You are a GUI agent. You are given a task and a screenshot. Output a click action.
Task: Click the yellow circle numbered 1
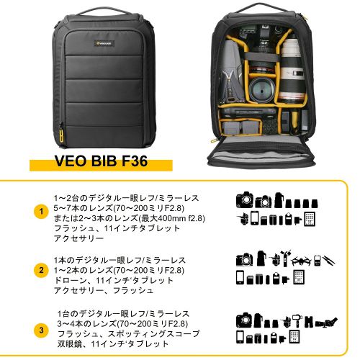[41, 212]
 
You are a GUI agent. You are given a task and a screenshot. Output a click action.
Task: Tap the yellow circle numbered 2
[41, 270]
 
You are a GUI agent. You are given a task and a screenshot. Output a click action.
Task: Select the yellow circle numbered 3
[41, 330]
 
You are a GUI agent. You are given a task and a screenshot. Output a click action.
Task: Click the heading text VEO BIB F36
[101, 161]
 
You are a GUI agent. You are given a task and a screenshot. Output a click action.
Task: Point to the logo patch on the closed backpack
[104, 43]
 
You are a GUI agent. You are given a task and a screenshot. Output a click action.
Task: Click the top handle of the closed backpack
[104, 11]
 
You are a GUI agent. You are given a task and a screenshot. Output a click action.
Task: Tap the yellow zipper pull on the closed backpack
[61, 134]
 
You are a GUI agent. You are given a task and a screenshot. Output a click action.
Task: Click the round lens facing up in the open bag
[261, 89]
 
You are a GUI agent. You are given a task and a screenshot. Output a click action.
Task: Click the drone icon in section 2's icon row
[302, 261]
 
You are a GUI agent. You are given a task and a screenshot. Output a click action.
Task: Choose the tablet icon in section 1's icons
[310, 219]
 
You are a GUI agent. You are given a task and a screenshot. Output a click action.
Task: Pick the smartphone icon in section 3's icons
[240, 337]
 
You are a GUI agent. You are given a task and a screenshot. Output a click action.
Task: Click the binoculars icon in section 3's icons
[309, 322]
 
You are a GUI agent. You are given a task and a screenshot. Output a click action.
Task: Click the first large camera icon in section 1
[245, 199]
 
